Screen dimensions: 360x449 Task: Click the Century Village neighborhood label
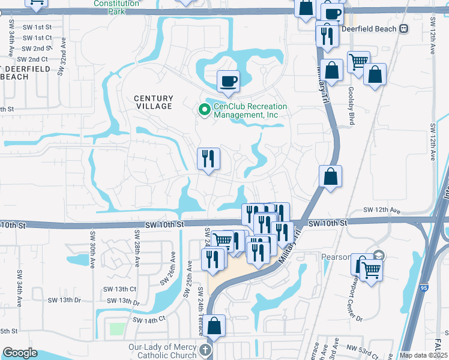(153, 102)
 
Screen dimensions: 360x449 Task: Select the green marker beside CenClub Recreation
(203, 109)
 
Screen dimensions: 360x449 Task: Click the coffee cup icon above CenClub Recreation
(228, 80)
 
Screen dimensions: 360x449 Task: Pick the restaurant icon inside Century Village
(208, 158)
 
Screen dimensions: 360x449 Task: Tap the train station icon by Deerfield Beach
(404, 28)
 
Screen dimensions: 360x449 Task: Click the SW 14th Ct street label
(149, 320)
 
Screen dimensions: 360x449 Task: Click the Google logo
(20, 353)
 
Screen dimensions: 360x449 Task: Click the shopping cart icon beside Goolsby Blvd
(358, 61)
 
